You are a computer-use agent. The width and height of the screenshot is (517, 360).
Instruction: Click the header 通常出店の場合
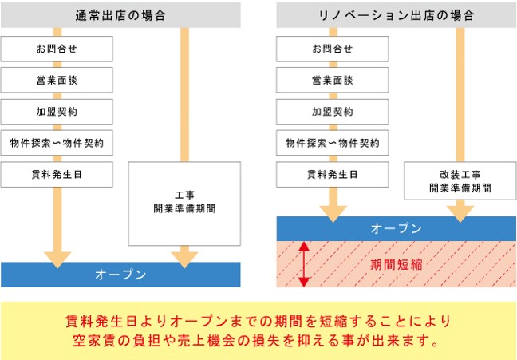point(120,15)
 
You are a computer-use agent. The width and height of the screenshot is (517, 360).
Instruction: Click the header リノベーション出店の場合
point(396,15)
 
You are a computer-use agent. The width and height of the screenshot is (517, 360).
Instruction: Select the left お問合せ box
point(57,49)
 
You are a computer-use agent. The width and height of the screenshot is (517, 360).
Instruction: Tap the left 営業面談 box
point(57,81)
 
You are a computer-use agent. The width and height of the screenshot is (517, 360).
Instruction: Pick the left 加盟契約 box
point(57,112)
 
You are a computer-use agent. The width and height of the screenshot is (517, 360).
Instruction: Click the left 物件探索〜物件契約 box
point(57,144)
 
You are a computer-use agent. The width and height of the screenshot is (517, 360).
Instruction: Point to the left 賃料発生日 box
point(57,175)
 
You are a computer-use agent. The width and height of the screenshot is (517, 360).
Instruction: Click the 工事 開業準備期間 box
point(184,203)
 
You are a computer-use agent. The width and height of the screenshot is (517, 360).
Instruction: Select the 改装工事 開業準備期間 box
point(460,182)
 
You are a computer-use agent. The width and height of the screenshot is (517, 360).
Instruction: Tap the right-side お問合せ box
point(332,49)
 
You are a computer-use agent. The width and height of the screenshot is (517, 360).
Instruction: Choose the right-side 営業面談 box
point(332,81)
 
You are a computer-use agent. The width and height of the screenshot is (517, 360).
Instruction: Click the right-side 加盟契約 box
point(332,112)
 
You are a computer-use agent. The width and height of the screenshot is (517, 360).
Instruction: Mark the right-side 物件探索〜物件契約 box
point(332,144)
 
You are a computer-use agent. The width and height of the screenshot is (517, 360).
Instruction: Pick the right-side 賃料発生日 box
point(332,175)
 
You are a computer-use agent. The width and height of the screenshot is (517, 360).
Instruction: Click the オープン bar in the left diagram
point(120,274)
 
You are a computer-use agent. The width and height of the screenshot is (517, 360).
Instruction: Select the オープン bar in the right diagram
point(396,228)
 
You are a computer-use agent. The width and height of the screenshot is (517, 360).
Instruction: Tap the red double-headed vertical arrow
point(303,264)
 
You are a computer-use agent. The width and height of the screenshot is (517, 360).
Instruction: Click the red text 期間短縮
point(396,264)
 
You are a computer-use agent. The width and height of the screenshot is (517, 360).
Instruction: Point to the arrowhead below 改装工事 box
point(460,213)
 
